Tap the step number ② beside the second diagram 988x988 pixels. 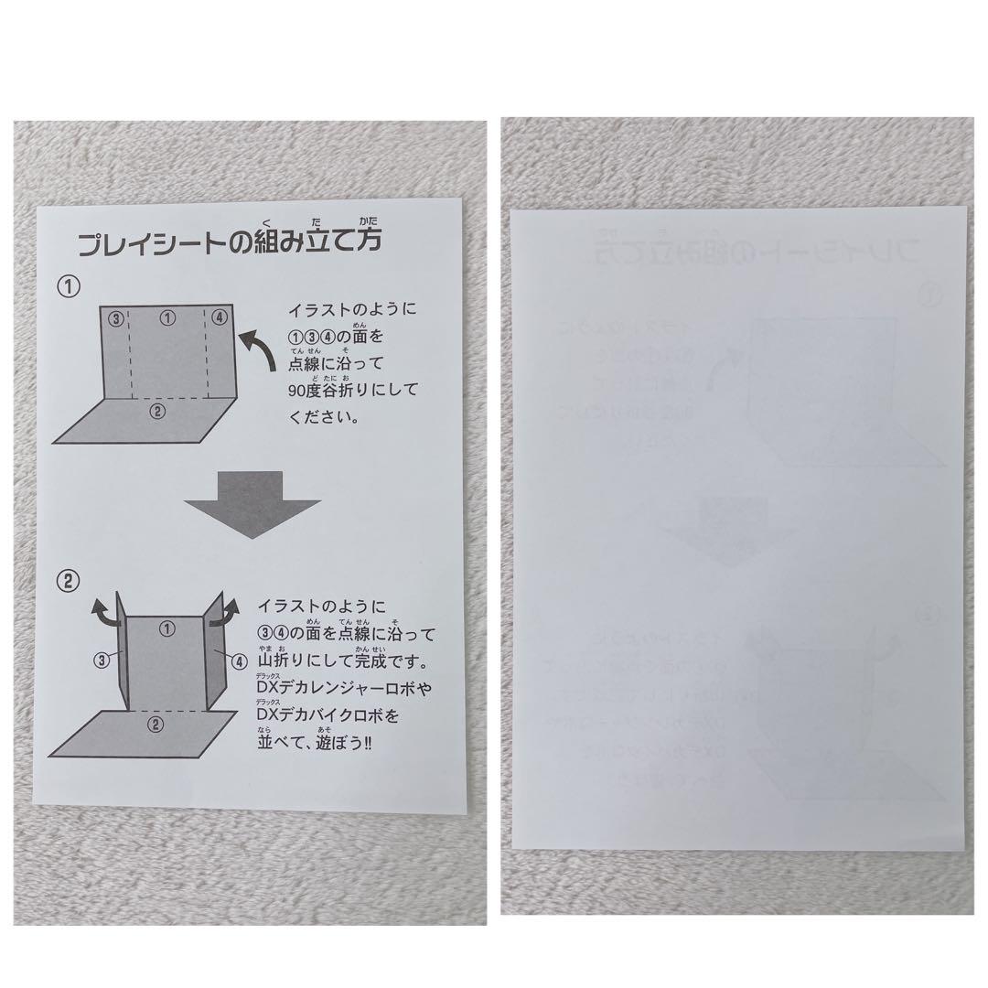[69, 581]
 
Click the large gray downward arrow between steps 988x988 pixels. [252, 503]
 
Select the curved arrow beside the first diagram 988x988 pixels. [259, 353]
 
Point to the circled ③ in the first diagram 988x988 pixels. [114, 318]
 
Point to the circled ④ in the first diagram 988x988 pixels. [218, 317]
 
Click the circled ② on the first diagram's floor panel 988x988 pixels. [156, 411]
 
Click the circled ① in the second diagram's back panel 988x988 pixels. [166, 628]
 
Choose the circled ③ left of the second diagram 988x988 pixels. [102, 657]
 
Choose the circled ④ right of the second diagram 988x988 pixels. [238, 660]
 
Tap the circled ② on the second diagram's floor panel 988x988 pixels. [156, 725]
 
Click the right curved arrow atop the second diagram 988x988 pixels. [224, 611]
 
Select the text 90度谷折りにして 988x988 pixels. [353, 390]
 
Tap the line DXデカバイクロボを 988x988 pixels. [328, 714]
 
